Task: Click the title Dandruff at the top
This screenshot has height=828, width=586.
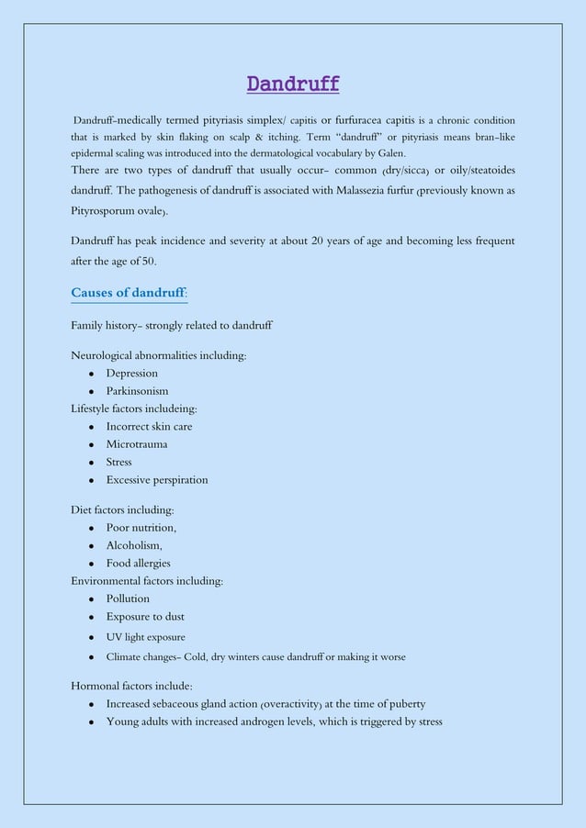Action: tap(293, 85)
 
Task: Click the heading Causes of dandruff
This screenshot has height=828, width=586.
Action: tap(127, 293)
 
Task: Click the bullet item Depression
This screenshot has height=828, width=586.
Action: tap(131, 373)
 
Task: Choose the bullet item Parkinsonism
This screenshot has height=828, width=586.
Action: tap(137, 391)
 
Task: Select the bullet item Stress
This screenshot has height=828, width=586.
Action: tap(119, 462)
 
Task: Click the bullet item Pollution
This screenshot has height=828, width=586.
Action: tap(128, 599)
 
